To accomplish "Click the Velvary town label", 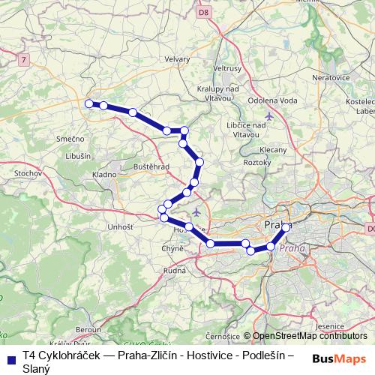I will coord(177,58).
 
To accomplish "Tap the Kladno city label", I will coord(103,174).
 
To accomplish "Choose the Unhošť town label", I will coord(120,226).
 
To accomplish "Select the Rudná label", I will coord(174,271).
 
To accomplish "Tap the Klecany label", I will coord(274,150).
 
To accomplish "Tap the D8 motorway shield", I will coord(203,12).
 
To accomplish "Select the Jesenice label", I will coord(331,326).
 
